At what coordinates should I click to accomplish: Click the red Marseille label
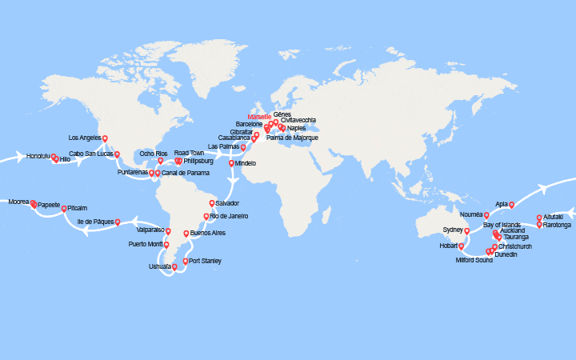click(x=260, y=118)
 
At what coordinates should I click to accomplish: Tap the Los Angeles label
click(x=86, y=138)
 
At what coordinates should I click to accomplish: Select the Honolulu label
click(x=38, y=155)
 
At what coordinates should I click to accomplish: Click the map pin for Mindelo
click(x=232, y=163)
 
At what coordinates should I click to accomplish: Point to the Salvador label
click(x=228, y=203)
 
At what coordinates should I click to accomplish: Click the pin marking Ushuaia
click(x=174, y=266)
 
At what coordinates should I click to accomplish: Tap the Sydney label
click(x=454, y=230)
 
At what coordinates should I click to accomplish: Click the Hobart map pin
click(x=461, y=246)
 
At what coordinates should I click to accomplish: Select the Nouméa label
click(x=472, y=215)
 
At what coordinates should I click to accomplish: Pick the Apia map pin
click(x=511, y=204)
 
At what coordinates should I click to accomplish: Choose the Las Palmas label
click(x=224, y=146)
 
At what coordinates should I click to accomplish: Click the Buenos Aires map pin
click(x=186, y=234)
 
